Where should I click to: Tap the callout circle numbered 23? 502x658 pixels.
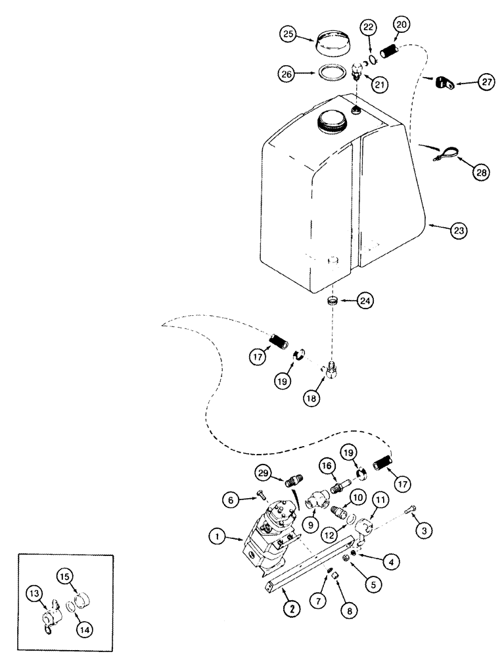click(x=459, y=231)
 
